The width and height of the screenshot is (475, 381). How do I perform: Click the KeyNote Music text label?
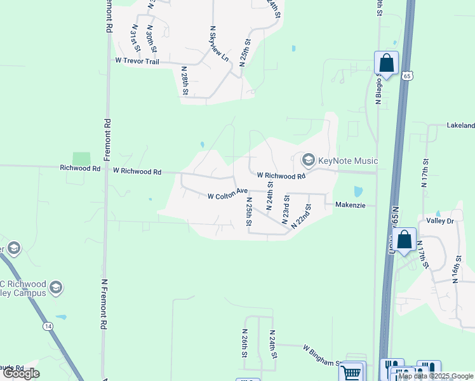coord(349,161)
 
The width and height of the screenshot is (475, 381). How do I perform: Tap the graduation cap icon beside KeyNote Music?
coord(309,159)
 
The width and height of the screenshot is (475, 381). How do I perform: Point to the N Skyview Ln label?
coord(220,44)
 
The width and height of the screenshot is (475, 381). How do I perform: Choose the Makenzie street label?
coord(351,205)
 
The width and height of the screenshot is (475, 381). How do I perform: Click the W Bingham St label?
coord(323,356)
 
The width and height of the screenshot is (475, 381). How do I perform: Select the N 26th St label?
coord(244,341)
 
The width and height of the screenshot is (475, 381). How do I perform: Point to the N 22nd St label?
coord(301,217)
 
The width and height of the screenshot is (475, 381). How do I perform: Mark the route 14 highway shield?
coord(48,326)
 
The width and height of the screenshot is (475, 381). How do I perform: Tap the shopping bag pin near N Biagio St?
coord(386,63)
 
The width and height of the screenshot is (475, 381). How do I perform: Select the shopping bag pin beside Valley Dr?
coord(404,240)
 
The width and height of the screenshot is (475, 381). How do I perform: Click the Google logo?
coord(22,373)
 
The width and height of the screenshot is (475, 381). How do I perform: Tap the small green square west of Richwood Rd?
coord(81,159)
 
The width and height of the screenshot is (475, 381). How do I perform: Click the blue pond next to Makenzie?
coord(357,191)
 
